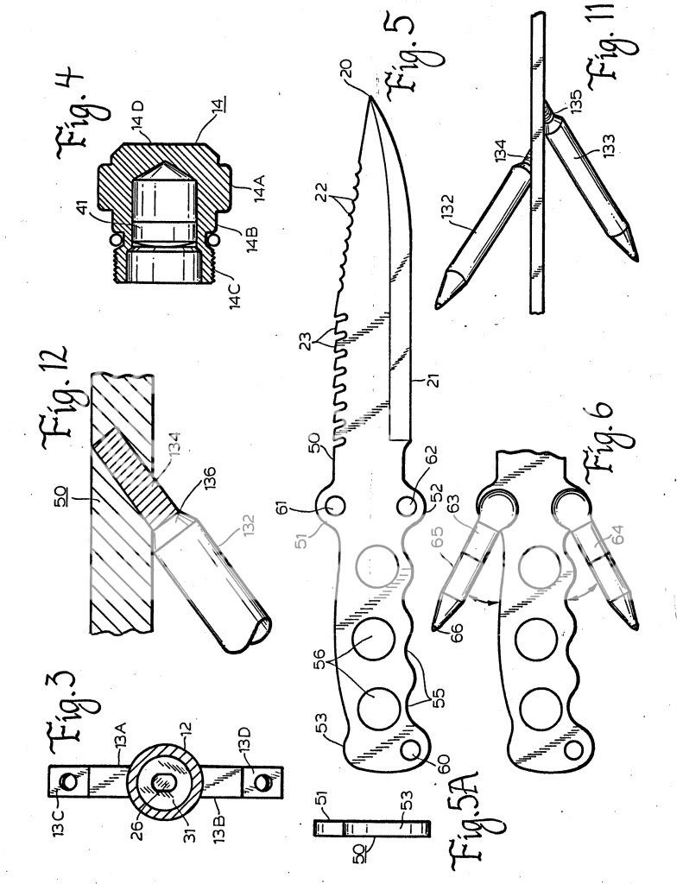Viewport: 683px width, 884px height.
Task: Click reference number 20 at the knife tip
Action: [371, 85]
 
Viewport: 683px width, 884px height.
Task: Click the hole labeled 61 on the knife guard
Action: [334, 502]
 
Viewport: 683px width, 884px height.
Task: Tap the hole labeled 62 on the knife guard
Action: [408, 502]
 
